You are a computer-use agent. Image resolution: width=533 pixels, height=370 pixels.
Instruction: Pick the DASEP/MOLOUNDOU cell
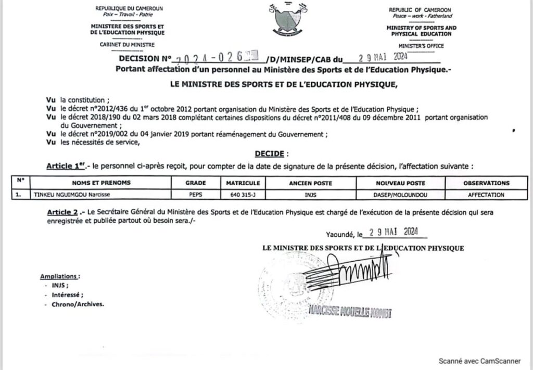400,195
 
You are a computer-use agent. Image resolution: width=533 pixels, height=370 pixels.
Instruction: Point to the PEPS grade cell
196,195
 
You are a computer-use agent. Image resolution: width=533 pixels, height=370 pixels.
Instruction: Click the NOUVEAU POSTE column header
400,183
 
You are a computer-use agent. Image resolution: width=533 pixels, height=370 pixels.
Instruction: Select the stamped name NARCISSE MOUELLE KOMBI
349,312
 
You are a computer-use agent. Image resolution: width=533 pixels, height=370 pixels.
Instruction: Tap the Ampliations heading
60,276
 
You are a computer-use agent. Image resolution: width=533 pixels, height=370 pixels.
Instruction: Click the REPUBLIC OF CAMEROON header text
420,10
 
